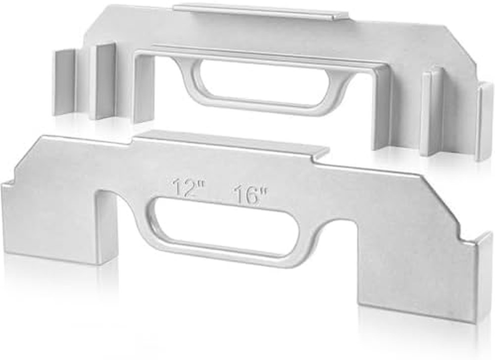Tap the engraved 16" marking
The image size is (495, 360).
pyautogui.click(x=250, y=195)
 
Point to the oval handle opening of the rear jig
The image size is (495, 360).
pyautogui.click(x=258, y=84)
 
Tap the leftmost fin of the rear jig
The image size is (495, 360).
pyautogui.click(x=64, y=82)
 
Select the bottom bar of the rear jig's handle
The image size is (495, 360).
pyautogui.click(x=257, y=106)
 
